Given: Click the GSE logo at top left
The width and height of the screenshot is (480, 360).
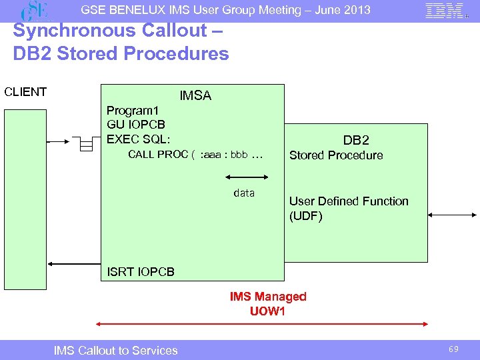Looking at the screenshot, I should [x=35, y=11].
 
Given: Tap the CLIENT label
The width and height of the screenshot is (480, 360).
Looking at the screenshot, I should [x=25, y=92].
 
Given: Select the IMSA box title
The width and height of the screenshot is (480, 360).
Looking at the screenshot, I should [x=195, y=96].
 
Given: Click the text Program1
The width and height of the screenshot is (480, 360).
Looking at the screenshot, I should [x=133, y=111].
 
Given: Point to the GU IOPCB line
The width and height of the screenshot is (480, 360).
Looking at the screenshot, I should [x=136, y=125].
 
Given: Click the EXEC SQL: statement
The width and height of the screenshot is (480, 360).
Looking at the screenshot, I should [x=139, y=139].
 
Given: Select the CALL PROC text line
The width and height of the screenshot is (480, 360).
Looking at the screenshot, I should [x=195, y=155].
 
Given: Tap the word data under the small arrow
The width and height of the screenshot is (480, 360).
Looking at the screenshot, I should [x=244, y=193].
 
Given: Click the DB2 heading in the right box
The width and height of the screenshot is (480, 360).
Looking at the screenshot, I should [x=356, y=140].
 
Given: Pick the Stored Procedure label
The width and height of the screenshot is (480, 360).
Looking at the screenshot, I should [x=336, y=155].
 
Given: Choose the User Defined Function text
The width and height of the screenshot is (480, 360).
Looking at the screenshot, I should [x=349, y=201].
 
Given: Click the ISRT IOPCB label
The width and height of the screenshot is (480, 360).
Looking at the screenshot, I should [x=141, y=272].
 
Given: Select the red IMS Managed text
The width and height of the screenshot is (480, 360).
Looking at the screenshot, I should [x=268, y=297].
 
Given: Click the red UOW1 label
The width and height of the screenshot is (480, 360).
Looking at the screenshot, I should [x=267, y=311].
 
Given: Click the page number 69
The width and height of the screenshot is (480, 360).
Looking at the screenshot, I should [x=453, y=349].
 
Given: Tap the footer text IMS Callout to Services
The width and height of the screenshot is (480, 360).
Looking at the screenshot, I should [x=115, y=350].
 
